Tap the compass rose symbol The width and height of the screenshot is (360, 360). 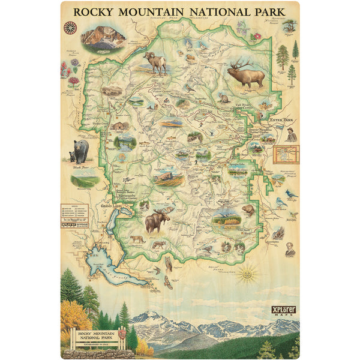[70, 27]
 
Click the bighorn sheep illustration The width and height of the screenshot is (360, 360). [155, 62]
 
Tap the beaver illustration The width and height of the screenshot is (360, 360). [248, 209]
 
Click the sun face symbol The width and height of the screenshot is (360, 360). [246, 275]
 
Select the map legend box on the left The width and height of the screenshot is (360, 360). [74, 212]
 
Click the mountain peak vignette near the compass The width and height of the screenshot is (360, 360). [103, 37]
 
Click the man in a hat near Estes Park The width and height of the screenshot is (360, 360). [292, 134]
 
